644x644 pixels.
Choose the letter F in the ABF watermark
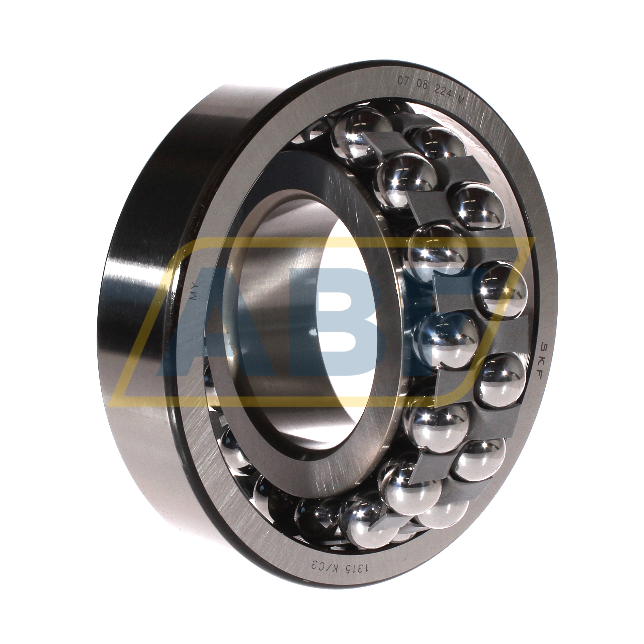coord(452,306)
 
